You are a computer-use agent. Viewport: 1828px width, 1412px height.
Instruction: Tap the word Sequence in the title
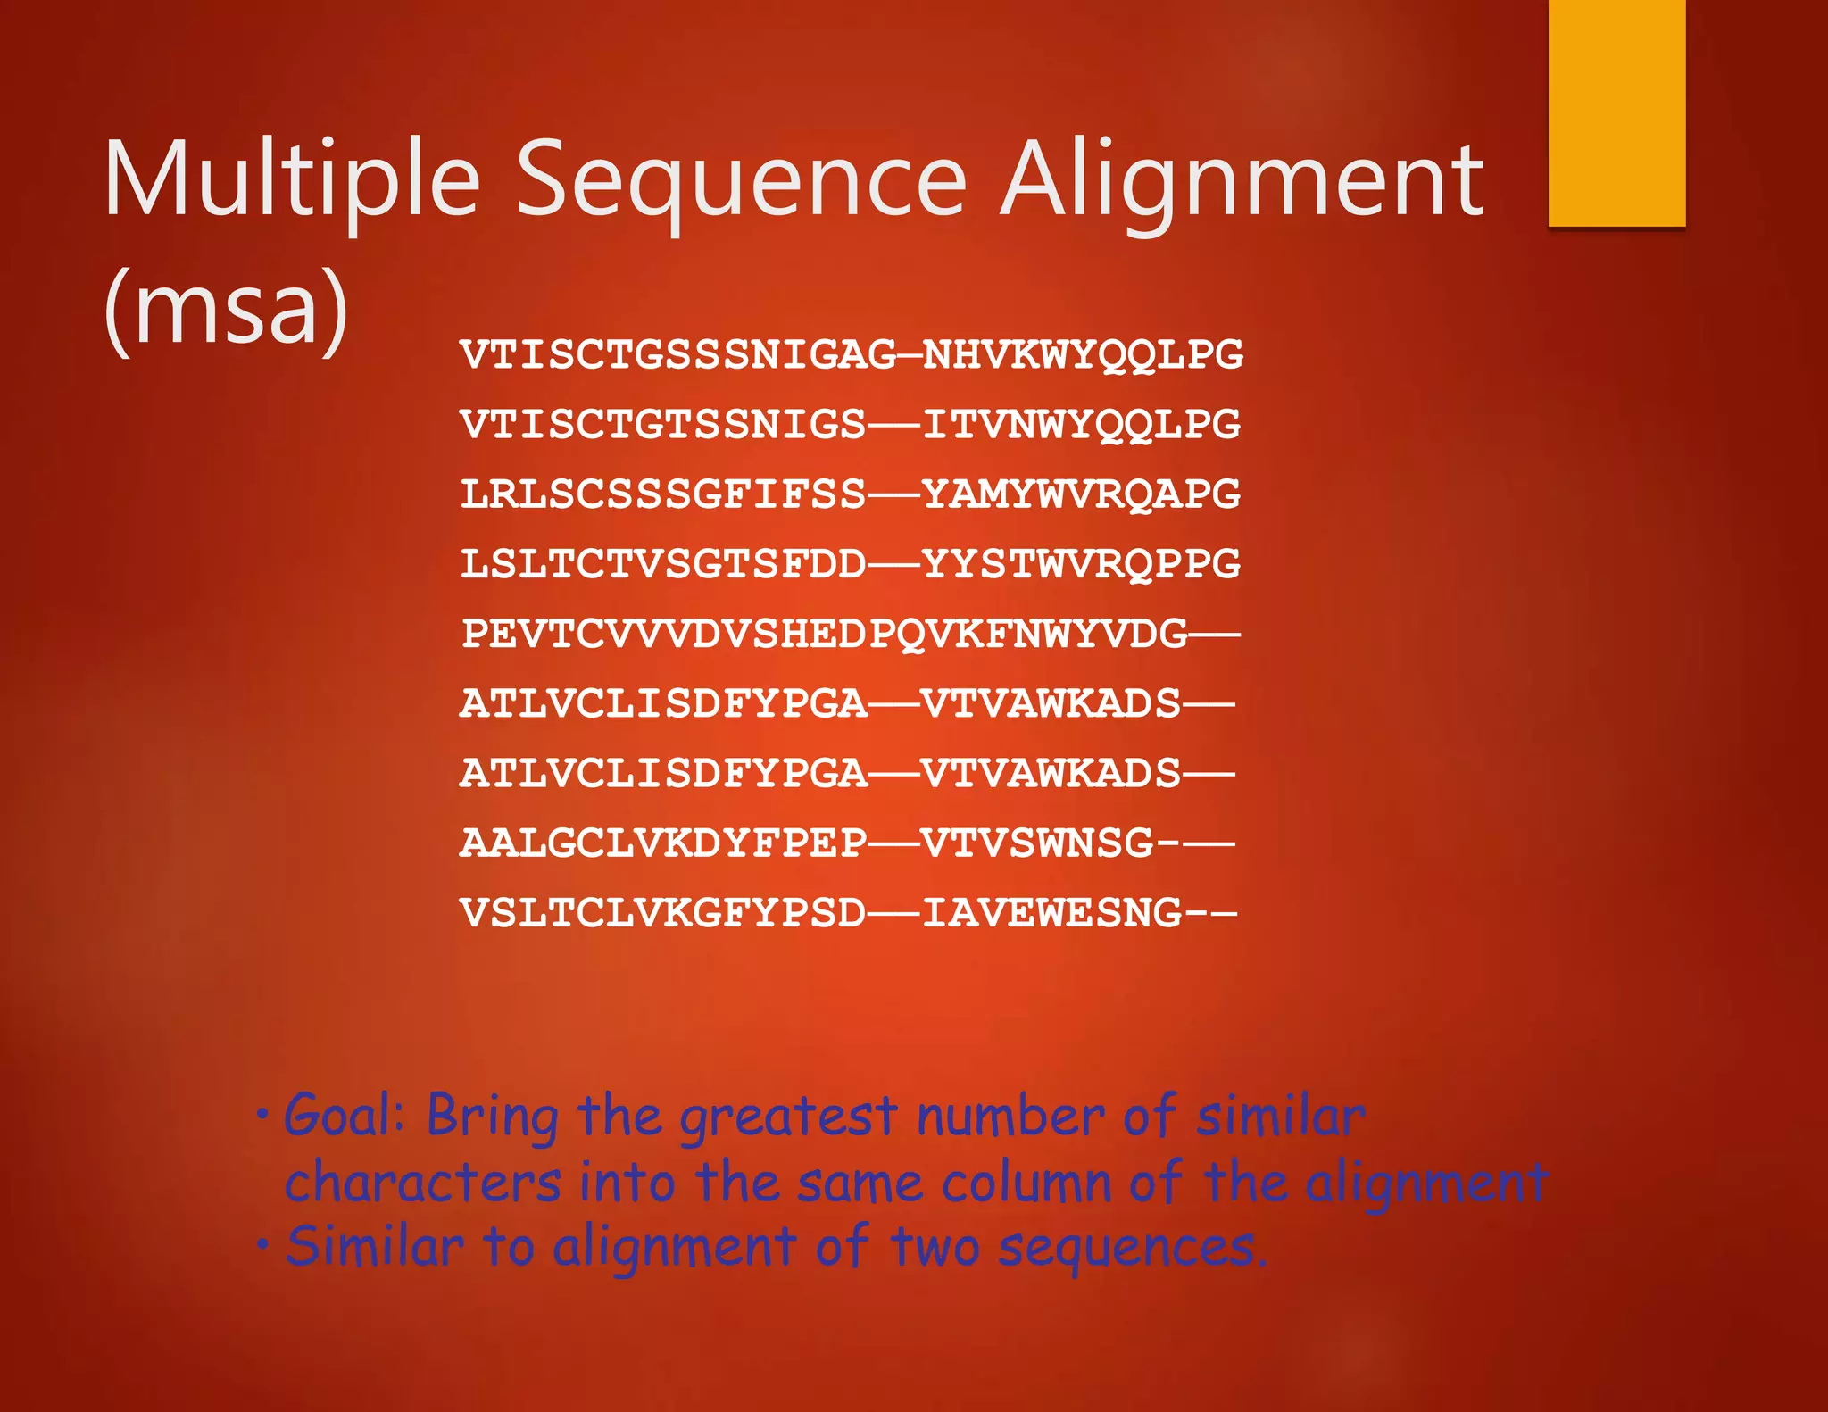(x=742, y=181)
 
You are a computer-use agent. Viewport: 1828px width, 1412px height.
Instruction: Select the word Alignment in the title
(x=1241, y=181)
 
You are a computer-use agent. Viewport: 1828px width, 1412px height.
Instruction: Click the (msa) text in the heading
(x=226, y=308)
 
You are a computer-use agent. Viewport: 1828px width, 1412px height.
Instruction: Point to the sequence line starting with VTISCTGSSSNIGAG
(x=851, y=354)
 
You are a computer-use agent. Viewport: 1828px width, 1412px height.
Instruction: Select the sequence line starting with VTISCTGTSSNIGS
(x=850, y=424)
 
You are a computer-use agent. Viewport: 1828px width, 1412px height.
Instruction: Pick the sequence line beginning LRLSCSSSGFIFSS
(x=850, y=494)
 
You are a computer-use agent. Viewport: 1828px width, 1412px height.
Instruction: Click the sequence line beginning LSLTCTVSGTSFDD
(x=850, y=563)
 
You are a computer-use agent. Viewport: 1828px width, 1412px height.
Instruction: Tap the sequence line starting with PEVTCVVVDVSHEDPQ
(x=850, y=634)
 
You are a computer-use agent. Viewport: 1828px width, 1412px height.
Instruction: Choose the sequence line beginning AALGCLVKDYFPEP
(x=846, y=843)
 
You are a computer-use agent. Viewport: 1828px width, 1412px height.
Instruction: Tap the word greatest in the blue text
(x=788, y=1117)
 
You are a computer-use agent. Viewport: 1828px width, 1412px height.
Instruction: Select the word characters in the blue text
(x=423, y=1183)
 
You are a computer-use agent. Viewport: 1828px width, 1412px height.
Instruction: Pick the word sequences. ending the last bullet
(x=1132, y=1248)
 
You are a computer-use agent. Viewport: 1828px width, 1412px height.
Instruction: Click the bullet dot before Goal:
(x=262, y=1115)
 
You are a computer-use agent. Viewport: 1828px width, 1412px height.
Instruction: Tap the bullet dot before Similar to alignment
(x=262, y=1243)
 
